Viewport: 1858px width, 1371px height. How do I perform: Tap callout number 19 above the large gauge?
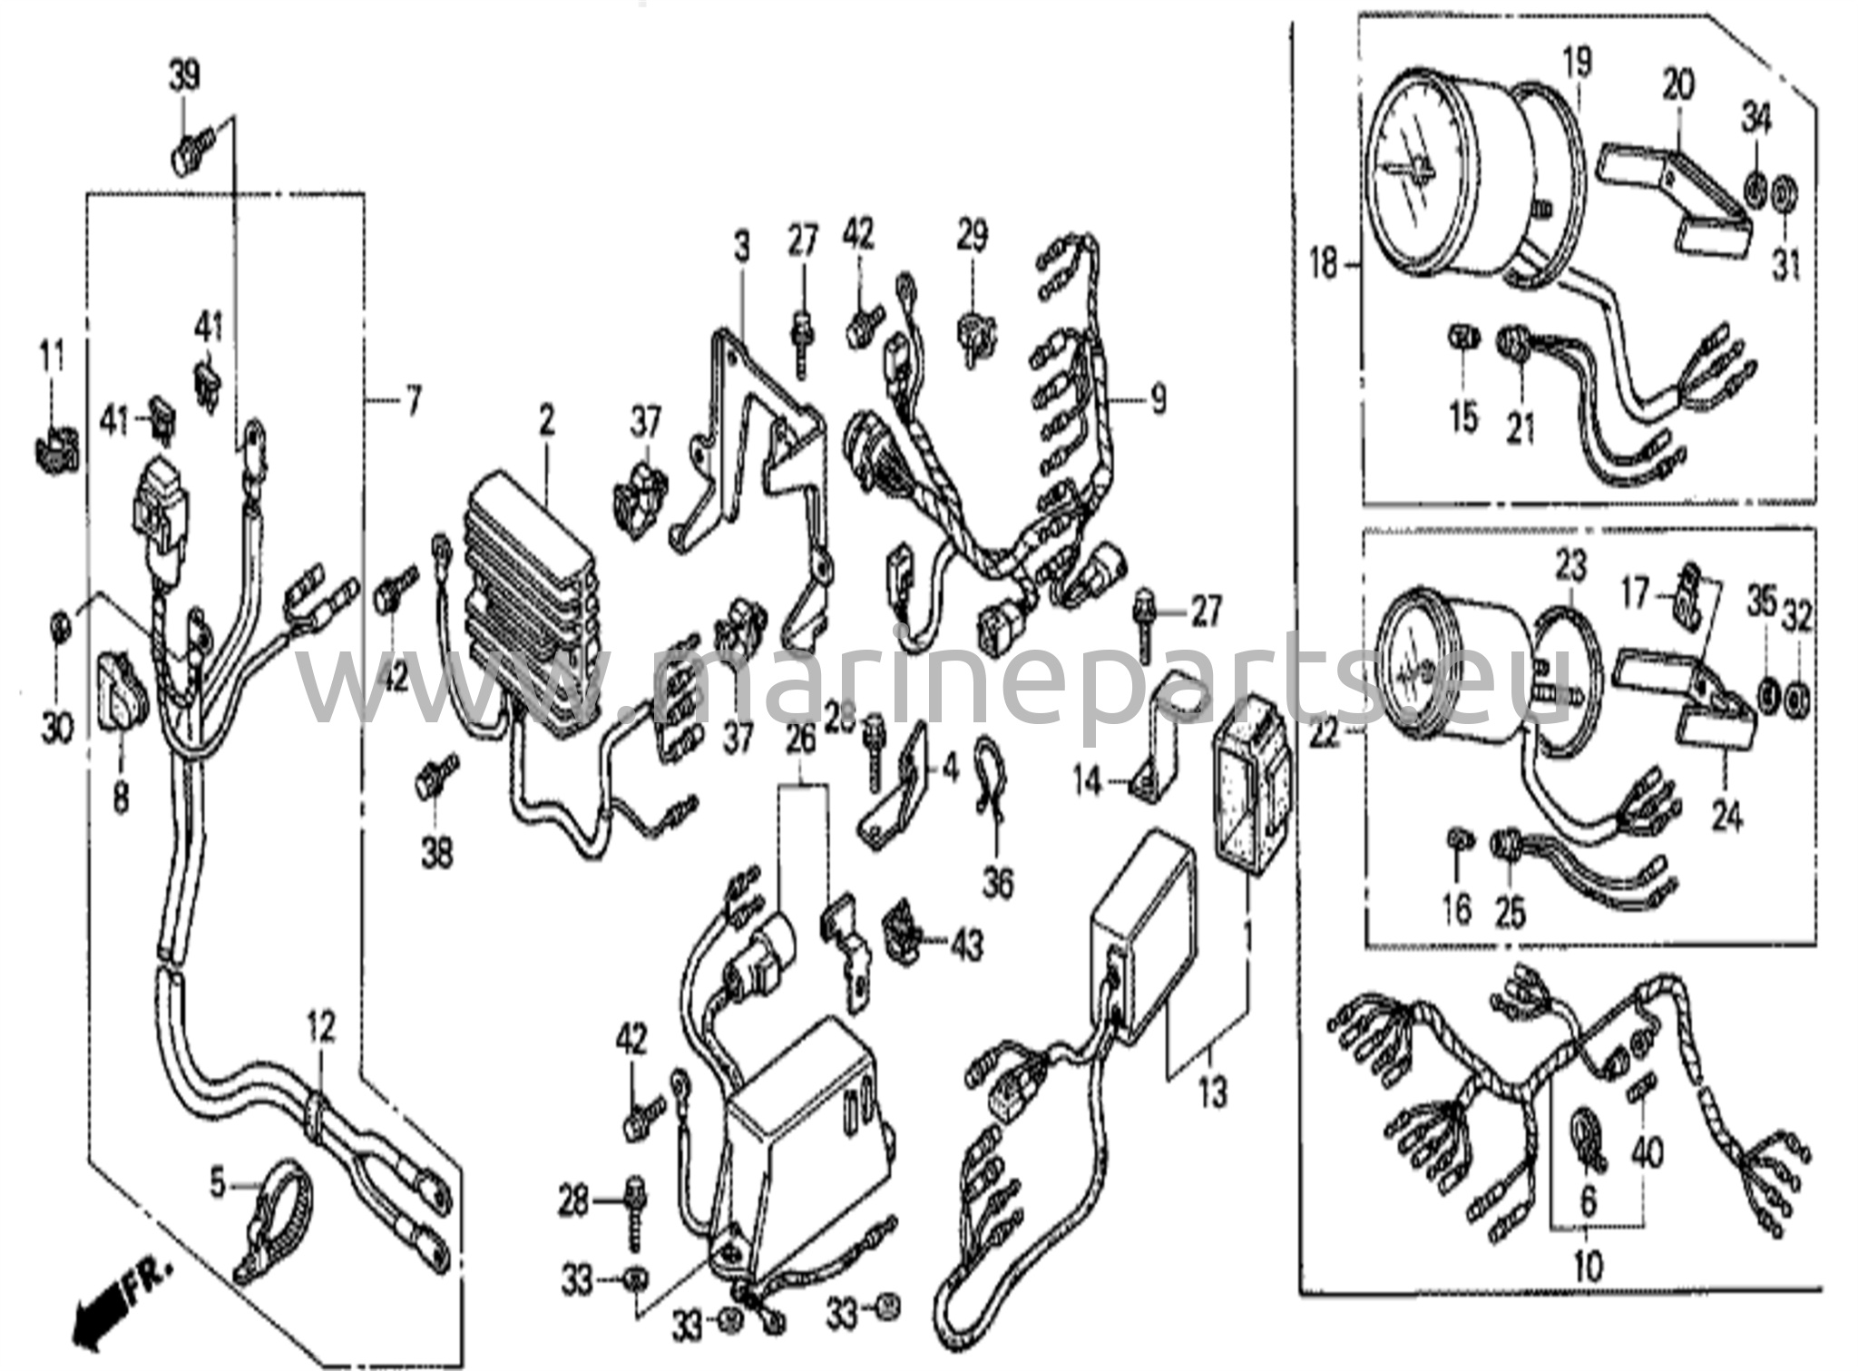[1577, 61]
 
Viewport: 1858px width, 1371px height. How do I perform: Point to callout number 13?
[1213, 1090]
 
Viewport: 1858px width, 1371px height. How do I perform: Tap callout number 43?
[966, 946]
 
